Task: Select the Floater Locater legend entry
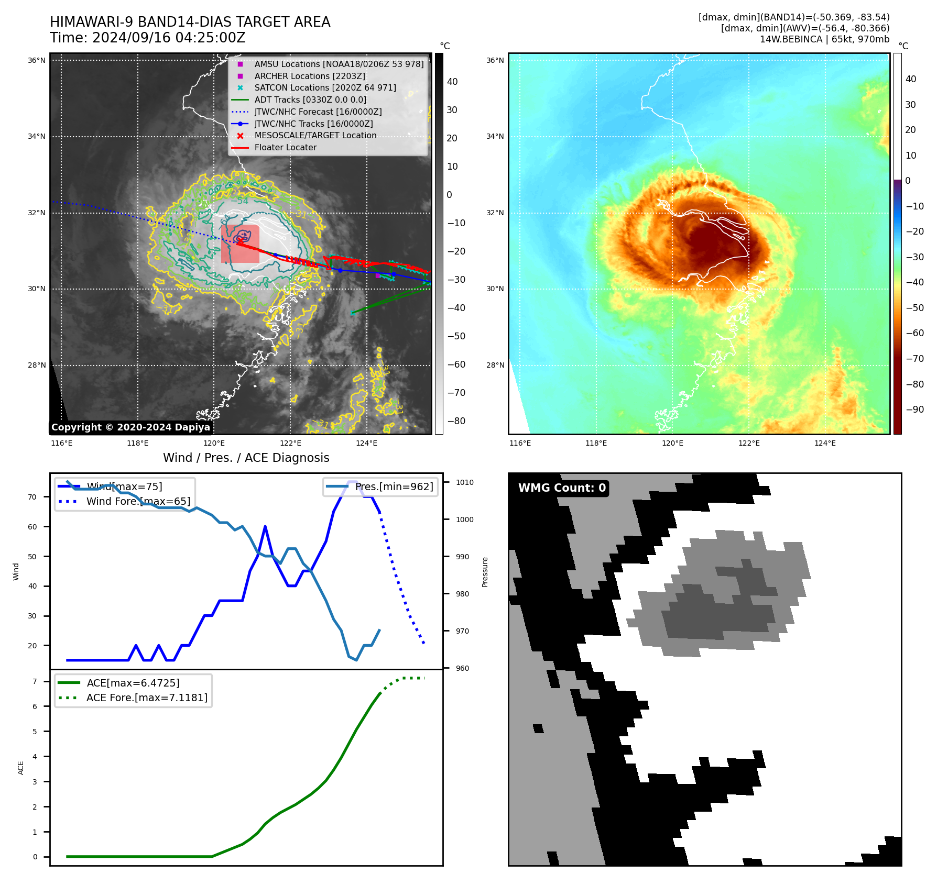coord(285,148)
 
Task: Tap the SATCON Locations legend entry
coord(325,88)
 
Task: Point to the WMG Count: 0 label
coord(562,488)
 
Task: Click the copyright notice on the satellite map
coord(130,427)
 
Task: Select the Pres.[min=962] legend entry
coord(394,487)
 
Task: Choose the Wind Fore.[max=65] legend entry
coord(138,502)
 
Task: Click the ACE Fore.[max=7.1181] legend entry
coord(147,698)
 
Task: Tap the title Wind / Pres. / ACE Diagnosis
coord(246,458)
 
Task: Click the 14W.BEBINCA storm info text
coord(824,39)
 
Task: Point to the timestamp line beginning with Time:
coord(147,38)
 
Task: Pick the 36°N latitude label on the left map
coord(37,61)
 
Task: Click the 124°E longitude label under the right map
coord(825,444)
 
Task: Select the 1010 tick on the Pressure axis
coord(464,483)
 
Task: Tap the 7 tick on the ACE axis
coord(35,682)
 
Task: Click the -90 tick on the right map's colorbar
coord(915,410)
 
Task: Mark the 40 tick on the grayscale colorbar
coord(452,82)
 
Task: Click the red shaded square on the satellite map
coord(240,244)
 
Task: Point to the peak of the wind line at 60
coord(265,526)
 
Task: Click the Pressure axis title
coord(485,572)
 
